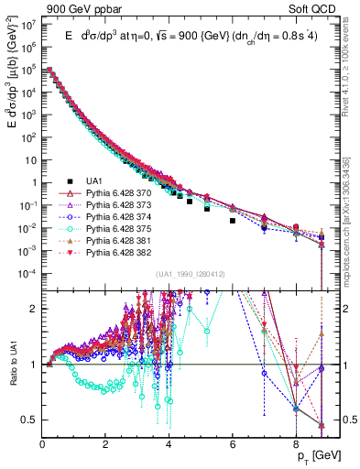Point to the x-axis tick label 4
(169, 442)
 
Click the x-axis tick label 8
(296, 442)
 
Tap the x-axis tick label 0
(43, 442)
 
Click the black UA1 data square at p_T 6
(233, 221)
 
